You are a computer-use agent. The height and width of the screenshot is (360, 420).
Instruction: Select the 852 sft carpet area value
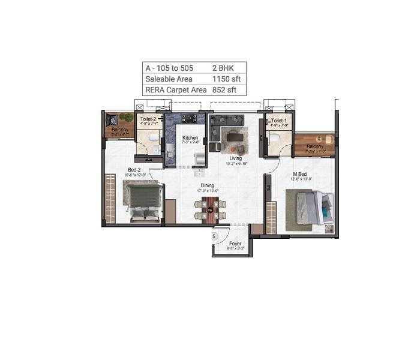click(224, 90)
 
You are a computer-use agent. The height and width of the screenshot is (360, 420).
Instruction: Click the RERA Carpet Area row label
click(175, 90)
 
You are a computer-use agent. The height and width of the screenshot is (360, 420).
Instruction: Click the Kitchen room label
click(190, 138)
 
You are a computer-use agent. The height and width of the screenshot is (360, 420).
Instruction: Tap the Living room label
click(235, 158)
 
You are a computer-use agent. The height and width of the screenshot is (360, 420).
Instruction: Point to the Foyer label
click(235, 244)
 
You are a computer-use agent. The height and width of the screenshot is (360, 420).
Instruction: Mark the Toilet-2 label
click(148, 119)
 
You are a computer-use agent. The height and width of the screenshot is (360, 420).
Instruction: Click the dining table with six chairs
click(209, 209)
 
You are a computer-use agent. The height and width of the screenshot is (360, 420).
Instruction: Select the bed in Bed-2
click(143, 202)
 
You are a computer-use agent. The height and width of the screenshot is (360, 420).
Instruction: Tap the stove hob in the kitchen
click(190, 118)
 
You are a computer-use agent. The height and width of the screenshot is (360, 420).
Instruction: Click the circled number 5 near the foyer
click(214, 237)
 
